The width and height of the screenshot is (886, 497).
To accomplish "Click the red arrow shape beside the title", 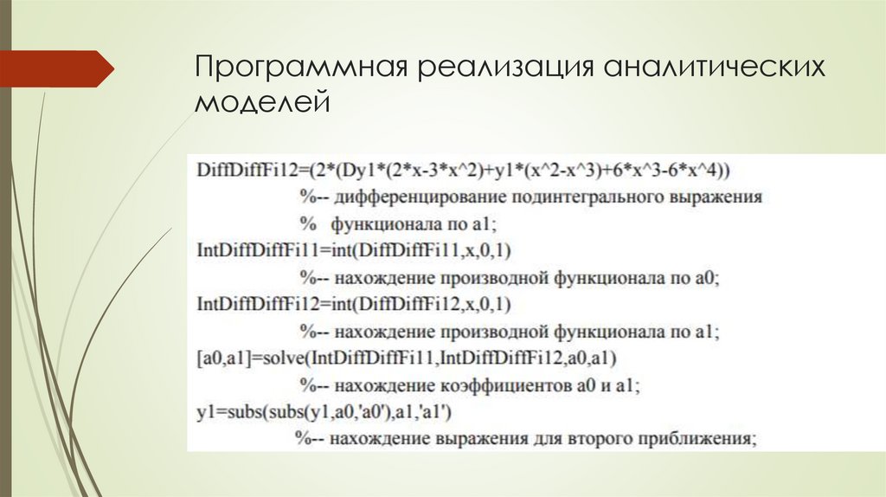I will (x=56, y=68).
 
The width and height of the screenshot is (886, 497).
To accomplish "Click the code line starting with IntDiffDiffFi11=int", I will (x=355, y=251).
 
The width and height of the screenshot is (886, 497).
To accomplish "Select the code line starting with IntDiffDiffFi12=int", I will (x=355, y=305).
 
